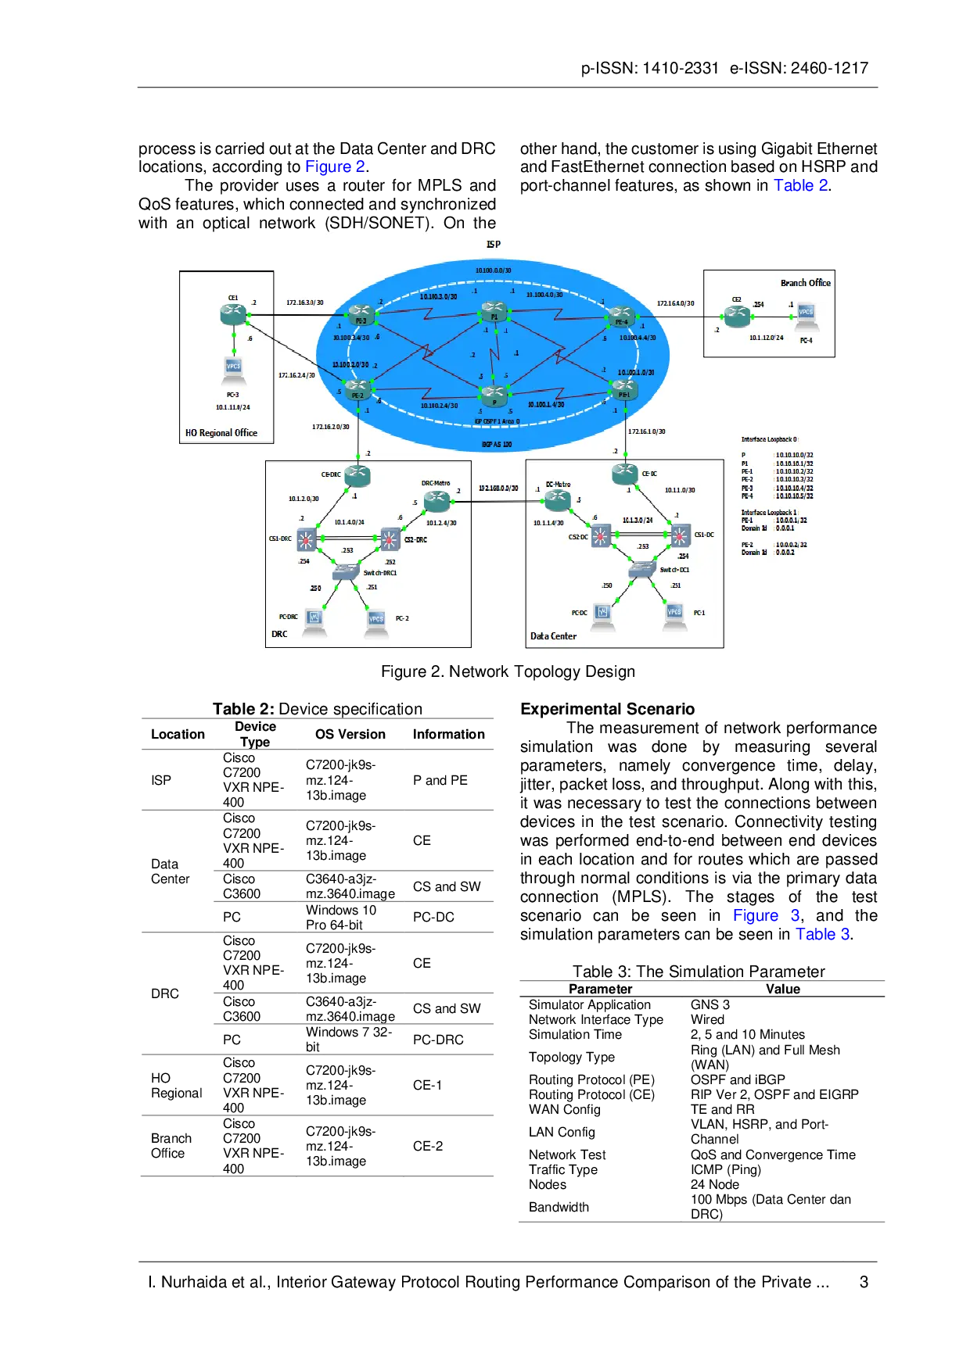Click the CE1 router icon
coord(233,314)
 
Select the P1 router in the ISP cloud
coord(494,312)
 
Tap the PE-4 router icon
coord(620,317)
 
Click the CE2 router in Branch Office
coord(736,316)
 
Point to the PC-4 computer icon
coord(805,317)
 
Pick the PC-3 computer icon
coord(233,369)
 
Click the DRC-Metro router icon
coord(436,499)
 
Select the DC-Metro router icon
coord(557,499)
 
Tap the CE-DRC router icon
coord(357,474)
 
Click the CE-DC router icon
coord(625,472)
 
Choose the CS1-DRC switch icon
coord(306,539)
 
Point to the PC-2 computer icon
coord(376,621)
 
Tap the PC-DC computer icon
coord(602,614)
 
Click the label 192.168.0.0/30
coord(498,489)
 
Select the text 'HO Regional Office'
coord(221,433)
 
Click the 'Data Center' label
coord(553,636)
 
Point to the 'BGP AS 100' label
coord(497,445)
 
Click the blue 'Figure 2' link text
coord(335,166)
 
